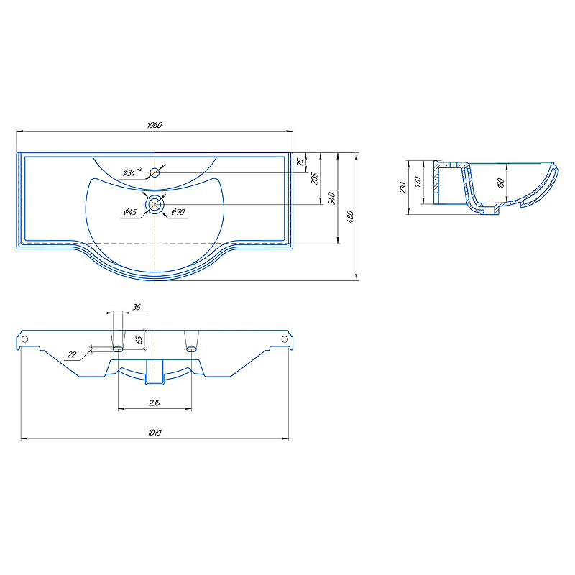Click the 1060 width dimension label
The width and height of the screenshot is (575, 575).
155,125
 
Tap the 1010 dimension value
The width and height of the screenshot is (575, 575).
155,433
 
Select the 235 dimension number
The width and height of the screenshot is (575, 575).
155,402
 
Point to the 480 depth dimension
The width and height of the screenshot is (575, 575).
350,216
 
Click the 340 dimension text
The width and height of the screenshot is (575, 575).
332,198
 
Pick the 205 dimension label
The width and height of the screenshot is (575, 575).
315,178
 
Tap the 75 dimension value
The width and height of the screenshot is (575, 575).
300,162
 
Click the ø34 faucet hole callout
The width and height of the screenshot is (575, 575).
132,172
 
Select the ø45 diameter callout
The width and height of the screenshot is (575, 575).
130,212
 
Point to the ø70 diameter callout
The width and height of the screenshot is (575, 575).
178,211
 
